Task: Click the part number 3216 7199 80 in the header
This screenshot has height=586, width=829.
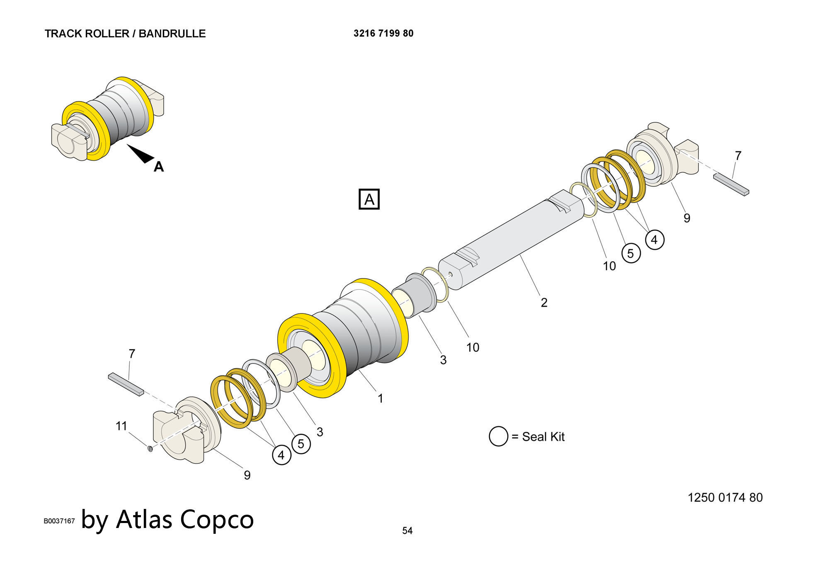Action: pos(383,33)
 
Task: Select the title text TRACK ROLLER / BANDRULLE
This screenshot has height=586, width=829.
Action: pos(125,34)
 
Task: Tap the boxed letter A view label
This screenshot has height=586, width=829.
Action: pos(368,200)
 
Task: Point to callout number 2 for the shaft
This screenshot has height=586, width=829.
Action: pos(544,303)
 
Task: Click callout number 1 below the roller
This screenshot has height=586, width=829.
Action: pos(380,399)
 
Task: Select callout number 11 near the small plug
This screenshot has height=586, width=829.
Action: pos(121,426)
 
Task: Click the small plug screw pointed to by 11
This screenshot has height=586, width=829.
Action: pos(150,448)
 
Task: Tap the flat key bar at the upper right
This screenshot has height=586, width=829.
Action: pos(731,184)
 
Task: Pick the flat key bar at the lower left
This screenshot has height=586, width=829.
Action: pos(126,384)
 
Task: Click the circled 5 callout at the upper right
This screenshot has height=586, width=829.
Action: pos(630,253)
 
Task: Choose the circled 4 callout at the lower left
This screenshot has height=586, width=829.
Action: pos(281,455)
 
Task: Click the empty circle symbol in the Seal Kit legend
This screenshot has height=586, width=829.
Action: pos(498,436)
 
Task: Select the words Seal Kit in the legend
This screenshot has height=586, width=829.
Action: pos(543,437)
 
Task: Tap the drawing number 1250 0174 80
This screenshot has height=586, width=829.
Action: pos(725,497)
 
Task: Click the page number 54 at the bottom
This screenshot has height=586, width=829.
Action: pos(407,530)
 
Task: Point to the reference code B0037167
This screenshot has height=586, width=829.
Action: pos(59,521)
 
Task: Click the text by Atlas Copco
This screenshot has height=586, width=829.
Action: pos(167,519)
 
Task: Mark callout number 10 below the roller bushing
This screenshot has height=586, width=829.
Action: pos(473,347)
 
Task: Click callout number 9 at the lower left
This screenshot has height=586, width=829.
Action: pos(247,475)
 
